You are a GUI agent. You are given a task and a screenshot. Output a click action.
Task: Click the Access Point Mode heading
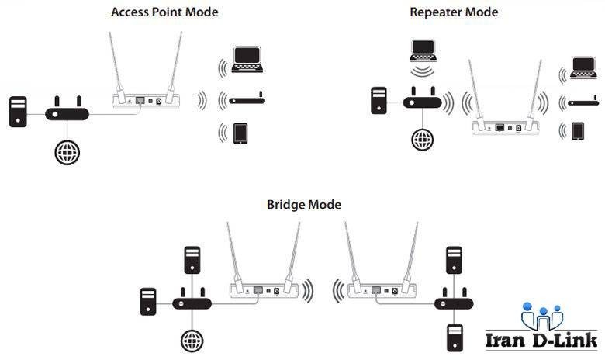pyautogui.click(x=164, y=12)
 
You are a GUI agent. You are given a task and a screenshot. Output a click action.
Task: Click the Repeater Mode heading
pyautogui.click(x=454, y=12)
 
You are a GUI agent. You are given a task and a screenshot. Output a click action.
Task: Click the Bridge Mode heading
pyautogui.click(x=304, y=205)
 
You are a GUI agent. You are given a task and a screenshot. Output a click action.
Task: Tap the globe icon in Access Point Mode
pyautogui.click(x=67, y=152)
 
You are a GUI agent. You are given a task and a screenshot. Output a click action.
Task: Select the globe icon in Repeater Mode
pyautogui.click(x=423, y=140)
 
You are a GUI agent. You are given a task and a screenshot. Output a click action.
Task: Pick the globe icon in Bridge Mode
pyautogui.click(x=192, y=341)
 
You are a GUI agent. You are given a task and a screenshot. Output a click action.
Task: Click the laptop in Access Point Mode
pyautogui.click(x=247, y=60)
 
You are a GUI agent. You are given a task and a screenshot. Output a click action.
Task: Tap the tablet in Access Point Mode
pyautogui.click(x=240, y=133)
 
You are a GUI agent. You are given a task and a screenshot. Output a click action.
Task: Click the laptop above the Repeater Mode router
pyautogui.click(x=423, y=50)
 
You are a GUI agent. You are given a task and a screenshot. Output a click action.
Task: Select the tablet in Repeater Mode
pyautogui.click(x=578, y=131)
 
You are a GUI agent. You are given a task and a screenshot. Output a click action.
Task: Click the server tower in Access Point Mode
pyautogui.click(x=18, y=112)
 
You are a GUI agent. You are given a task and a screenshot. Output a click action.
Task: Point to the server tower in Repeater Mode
pyautogui.click(x=379, y=101)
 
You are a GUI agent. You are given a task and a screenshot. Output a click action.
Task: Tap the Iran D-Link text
pyautogui.click(x=541, y=341)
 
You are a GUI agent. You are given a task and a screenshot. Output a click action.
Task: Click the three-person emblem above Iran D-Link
pyautogui.click(x=542, y=316)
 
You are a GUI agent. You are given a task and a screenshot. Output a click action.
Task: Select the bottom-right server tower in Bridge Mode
pyautogui.click(x=455, y=337)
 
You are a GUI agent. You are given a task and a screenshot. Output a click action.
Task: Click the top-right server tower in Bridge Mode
pyautogui.click(x=454, y=260)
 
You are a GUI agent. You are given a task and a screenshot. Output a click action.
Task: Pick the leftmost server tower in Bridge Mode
pyautogui.click(x=148, y=302)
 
